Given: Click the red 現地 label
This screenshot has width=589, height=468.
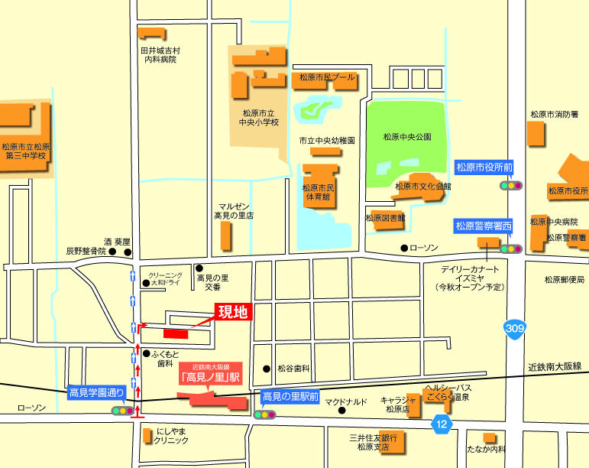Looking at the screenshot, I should click(234, 311).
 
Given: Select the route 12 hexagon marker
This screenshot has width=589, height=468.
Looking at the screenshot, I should click(441, 423).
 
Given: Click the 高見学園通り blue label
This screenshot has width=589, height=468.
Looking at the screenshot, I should click(96, 393).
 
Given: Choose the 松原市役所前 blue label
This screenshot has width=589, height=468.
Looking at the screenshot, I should click(484, 167).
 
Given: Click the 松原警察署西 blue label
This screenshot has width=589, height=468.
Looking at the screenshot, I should click(484, 226).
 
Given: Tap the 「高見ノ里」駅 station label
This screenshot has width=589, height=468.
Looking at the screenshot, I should click(210, 377).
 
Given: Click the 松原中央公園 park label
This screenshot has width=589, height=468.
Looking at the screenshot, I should click(407, 137).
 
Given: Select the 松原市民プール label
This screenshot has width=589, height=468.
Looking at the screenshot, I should click(327, 77).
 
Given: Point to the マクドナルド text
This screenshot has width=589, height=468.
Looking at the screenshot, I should click(346, 401).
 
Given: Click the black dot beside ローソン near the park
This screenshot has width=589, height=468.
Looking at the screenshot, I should click(404, 249).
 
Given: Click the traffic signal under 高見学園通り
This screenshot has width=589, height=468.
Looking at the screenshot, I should click(122, 411).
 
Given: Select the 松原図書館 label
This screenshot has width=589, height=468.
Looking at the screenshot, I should click(385, 218).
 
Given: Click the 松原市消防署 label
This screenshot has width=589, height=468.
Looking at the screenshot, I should click(555, 115).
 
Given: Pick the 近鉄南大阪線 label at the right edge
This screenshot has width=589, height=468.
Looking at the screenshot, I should click(555, 367).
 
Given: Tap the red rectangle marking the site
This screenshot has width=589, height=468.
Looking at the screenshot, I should click(175, 333).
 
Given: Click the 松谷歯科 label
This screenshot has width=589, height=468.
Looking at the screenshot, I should click(293, 369).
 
